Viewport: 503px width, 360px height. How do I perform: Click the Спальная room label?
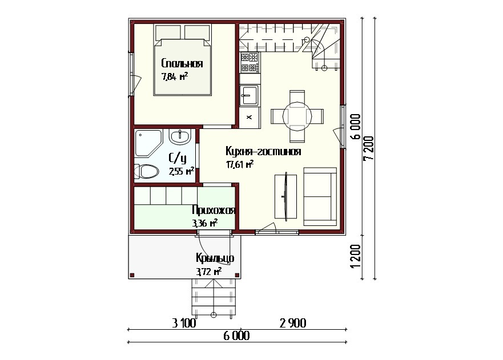click(x=182, y=63)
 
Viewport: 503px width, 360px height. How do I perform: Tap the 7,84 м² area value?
click(x=175, y=76)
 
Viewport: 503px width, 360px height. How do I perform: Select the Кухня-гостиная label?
click(x=263, y=151)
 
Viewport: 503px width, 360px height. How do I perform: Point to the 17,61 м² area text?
click(x=240, y=164)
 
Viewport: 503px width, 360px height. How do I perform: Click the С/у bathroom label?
click(x=178, y=157)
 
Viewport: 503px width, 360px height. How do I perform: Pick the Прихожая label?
click(x=214, y=211)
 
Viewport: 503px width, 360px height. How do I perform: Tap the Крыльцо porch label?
click(x=215, y=258)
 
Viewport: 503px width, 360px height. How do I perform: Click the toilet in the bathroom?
click(x=146, y=172)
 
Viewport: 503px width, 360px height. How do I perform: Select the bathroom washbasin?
click(x=180, y=137)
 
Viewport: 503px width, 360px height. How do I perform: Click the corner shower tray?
click(x=147, y=143)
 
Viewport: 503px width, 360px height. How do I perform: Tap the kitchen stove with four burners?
click(x=250, y=63)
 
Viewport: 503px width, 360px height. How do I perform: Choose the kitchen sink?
click(x=249, y=95)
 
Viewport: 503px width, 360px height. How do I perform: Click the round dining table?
click(x=297, y=116)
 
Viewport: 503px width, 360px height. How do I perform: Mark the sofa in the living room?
click(x=320, y=196)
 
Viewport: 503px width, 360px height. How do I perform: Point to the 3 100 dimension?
click(x=184, y=323)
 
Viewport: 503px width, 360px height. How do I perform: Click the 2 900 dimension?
click(x=293, y=323)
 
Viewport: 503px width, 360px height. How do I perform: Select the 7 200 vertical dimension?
click(x=369, y=148)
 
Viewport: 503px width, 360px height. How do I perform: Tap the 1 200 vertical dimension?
click(x=356, y=257)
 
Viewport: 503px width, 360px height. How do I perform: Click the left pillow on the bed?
click(x=168, y=32)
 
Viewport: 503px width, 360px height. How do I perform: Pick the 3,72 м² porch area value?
click(x=209, y=272)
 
